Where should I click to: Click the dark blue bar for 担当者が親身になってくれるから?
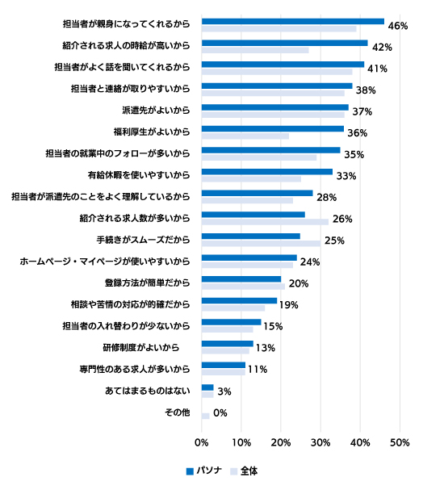click(293, 22)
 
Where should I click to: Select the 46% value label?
click(398, 26)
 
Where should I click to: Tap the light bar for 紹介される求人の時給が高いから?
click(255, 50)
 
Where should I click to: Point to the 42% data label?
click(382, 48)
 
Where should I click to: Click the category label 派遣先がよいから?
click(156, 111)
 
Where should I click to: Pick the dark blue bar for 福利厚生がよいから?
click(273, 129)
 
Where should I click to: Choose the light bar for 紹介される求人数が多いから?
click(265, 222)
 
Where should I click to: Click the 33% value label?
click(346, 176)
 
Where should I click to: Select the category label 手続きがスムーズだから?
click(143, 240)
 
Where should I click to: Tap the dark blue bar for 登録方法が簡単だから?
click(241, 279)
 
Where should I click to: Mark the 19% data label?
click(289, 305)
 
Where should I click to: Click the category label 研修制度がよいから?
click(141, 348)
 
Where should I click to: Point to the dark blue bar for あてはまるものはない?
click(207, 387)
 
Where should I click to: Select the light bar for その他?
click(206, 417)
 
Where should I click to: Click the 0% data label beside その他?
click(220, 412)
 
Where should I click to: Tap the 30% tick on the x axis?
click(320, 442)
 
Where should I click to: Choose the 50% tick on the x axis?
click(400, 442)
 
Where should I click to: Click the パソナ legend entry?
click(204, 471)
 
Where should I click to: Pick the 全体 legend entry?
click(244, 471)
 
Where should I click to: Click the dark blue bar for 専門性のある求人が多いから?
click(224, 365)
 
